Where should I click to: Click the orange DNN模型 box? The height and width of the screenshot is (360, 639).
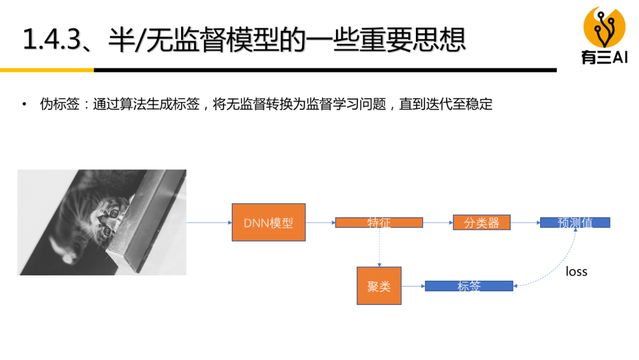coord(269,223)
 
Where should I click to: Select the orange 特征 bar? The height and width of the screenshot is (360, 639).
coord(379,223)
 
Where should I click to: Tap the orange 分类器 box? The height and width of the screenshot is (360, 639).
coord(481,223)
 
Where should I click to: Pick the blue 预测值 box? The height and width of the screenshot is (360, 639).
coord(575,223)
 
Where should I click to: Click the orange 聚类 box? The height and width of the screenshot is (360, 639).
coord(379,286)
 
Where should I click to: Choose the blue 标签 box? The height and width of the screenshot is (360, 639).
coord(469,286)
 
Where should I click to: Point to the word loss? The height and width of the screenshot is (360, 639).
coord(576,272)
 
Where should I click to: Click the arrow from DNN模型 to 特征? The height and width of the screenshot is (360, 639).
coord(320,223)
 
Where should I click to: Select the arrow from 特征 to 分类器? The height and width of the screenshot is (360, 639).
coord(438,223)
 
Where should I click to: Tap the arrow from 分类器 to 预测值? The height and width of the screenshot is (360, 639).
coord(525,223)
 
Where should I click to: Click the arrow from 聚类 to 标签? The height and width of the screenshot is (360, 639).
coord(413,286)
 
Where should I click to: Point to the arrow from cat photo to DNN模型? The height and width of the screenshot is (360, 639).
coord(209,223)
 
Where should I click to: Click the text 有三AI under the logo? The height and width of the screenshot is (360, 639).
coord(604,57)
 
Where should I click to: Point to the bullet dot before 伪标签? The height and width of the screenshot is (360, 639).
coord(24,105)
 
